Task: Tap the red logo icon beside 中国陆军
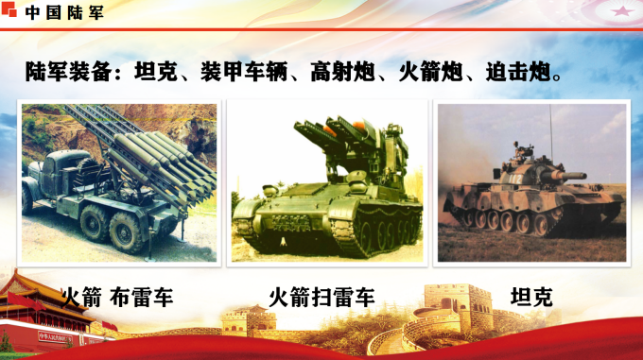pyautogui.click(x=12, y=12)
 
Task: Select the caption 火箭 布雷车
pyautogui.click(x=116, y=298)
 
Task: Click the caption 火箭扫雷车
pyautogui.click(x=321, y=298)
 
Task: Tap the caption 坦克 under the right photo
pyautogui.click(x=531, y=298)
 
